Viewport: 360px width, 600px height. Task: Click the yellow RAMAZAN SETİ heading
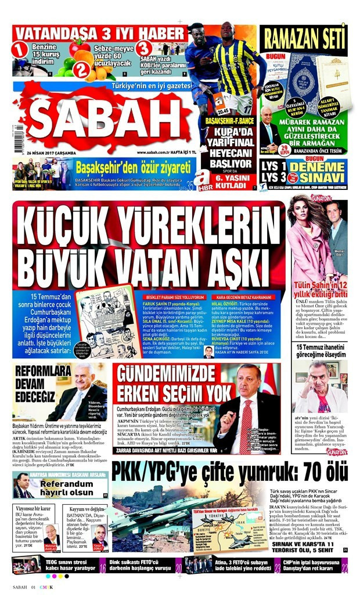click(303, 39)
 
